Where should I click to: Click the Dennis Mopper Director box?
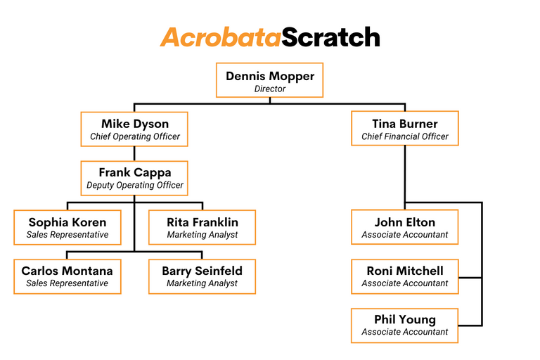(x=269, y=80)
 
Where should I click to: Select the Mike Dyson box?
(x=134, y=129)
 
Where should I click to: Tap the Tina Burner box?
(x=404, y=129)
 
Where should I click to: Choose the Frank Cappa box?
(x=134, y=178)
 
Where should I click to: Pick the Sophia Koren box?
(x=67, y=227)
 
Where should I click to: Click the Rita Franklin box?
(x=202, y=227)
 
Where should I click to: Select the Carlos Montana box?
(x=67, y=276)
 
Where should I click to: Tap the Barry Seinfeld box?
(x=202, y=276)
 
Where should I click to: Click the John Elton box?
(x=404, y=227)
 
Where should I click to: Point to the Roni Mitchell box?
(x=404, y=276)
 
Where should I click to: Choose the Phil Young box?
(x=404, y=326)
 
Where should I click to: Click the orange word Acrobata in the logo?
(x=220, y=37)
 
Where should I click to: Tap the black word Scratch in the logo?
(x=331, y=37)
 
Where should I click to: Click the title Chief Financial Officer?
(x=404, y=136)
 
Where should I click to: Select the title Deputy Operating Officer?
(x=134, y=186)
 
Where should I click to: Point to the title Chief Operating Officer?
(x=134, y=136)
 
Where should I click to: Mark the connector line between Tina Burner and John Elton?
(x=404, y=177)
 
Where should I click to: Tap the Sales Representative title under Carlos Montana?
(x=67, y=283)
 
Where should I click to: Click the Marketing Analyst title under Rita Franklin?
(x=202, y=235)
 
